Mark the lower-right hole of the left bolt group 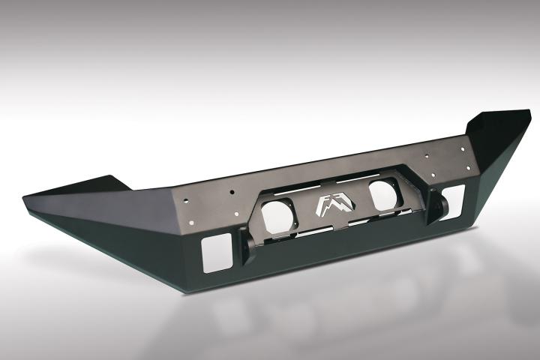pyautogui.click(x=234, y=212)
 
